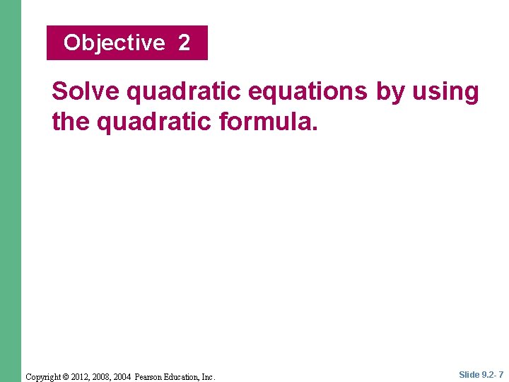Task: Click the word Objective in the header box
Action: pos(114,43)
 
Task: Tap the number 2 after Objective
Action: pos(184,43)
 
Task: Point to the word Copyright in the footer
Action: pos(44,376)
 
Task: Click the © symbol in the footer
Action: pos(66,376)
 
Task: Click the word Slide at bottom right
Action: pos(469,375)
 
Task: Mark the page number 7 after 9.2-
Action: pos(501,375)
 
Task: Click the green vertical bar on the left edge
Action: pos(10,191)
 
